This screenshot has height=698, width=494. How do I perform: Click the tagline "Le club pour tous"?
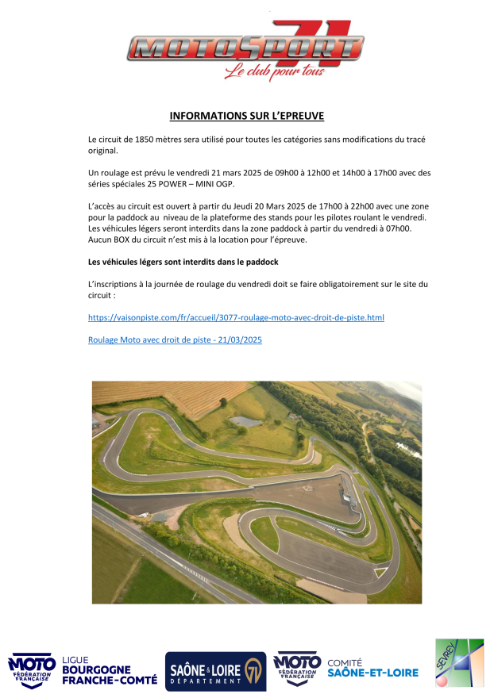pyautogui.click(x=274, y=73)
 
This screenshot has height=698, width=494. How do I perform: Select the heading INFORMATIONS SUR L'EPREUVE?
pyautogui.click(x=247, y=116)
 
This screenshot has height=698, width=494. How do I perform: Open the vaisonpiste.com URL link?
pyautogui.click(x=236, y=317)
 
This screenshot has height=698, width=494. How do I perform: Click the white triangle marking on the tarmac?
pyautogui.click(x=380, y=571)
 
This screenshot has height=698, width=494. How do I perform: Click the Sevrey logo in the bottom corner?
pyautogui.click(x=458, y=662)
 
